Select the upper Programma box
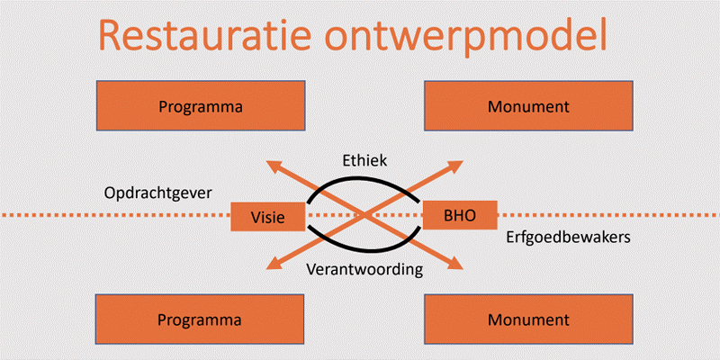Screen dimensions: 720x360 201,105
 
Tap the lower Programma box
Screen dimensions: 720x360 200,319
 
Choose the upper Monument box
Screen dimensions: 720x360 528,105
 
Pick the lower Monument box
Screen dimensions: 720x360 528,319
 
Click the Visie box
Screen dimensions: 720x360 268,216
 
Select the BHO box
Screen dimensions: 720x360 460,214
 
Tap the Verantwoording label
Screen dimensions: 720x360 364,269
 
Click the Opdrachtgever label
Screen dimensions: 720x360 158,193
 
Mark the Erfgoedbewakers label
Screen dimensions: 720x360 569,237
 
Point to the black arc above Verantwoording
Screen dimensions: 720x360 363,251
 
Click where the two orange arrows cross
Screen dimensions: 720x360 364,214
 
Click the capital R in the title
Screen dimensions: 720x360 110,35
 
